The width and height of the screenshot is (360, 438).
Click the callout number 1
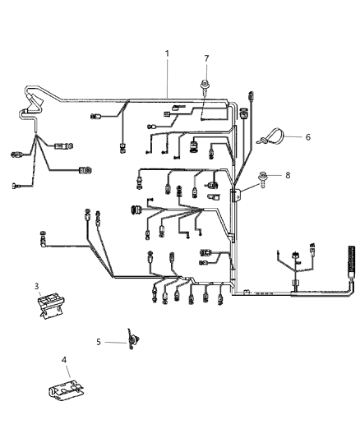167,54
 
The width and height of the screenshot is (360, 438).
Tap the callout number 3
37,286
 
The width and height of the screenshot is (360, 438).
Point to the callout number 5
98,342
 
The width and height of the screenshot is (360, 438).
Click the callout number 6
307,136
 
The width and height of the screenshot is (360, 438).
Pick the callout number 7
206,58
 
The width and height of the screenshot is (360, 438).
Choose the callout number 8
287,175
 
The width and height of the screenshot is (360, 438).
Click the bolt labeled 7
203,83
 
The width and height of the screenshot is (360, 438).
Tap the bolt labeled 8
265,176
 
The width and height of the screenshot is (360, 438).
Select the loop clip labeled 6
270,137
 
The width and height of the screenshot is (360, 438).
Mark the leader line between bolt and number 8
278,176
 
